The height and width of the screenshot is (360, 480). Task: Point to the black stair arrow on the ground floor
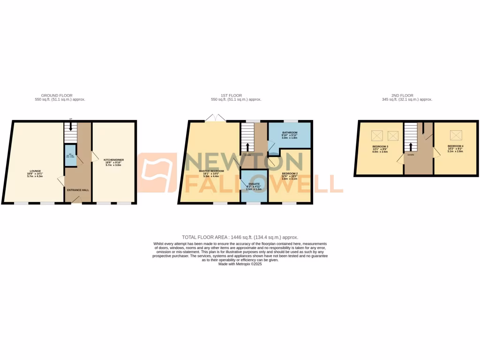tap(70, 127)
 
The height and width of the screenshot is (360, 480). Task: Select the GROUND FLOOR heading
tap(57, 96)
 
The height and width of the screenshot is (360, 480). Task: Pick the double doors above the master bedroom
tap(216, 117)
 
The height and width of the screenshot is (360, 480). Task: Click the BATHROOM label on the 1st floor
tap(290, 133)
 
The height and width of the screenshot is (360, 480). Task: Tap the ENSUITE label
tap(253, 184)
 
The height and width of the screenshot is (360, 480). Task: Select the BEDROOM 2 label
tap(290, 173)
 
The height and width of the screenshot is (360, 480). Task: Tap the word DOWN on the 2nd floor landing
tap(411, 154)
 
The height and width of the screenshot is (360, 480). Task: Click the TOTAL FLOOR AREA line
tap(240, 238)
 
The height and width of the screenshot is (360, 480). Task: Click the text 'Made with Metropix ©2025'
tap(240, 264)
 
